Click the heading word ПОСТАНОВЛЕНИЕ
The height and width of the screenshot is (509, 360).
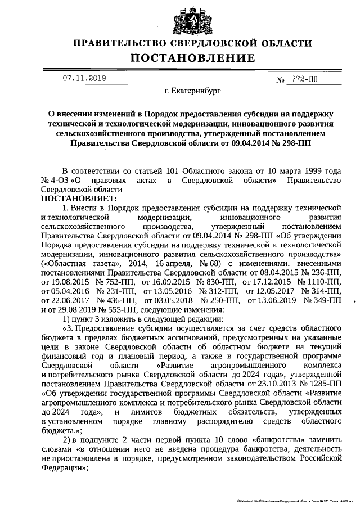pos(193,58)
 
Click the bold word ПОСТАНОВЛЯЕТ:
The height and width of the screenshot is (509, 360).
pos(78,199)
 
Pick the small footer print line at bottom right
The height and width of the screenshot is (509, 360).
pos(291,499)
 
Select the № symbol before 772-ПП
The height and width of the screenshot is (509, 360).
pos(281,80)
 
